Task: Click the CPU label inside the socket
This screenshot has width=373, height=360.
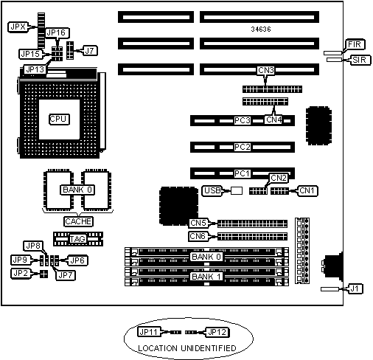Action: [59, 120]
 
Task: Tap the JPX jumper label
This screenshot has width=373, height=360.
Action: [18, 27]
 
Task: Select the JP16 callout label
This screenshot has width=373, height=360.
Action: [57, 32]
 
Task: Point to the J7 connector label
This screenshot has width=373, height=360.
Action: [90, 51]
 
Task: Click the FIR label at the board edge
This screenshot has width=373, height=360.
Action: [355, 44]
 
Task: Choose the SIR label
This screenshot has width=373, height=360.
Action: [360, 60]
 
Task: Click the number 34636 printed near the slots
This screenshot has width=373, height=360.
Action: [261, 30]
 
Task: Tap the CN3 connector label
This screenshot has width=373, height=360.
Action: [266, 71]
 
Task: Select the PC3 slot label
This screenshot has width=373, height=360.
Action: [243, 120]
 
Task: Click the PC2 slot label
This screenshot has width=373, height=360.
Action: [243, 147]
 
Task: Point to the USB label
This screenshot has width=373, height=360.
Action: [212, 190]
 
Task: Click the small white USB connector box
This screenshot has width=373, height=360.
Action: [237, 190]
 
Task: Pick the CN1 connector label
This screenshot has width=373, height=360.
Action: [307, 190]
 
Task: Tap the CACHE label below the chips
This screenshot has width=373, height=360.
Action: [78, 221]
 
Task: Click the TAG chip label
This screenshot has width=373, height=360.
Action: [77, 239]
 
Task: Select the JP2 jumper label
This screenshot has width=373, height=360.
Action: [21, 274]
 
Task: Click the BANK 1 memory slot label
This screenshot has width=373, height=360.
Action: [206, 277]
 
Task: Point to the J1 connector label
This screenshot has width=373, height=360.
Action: [355, 288]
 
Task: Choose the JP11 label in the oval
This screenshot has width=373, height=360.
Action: [149, 332]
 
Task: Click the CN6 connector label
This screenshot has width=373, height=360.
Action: [198, 236]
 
